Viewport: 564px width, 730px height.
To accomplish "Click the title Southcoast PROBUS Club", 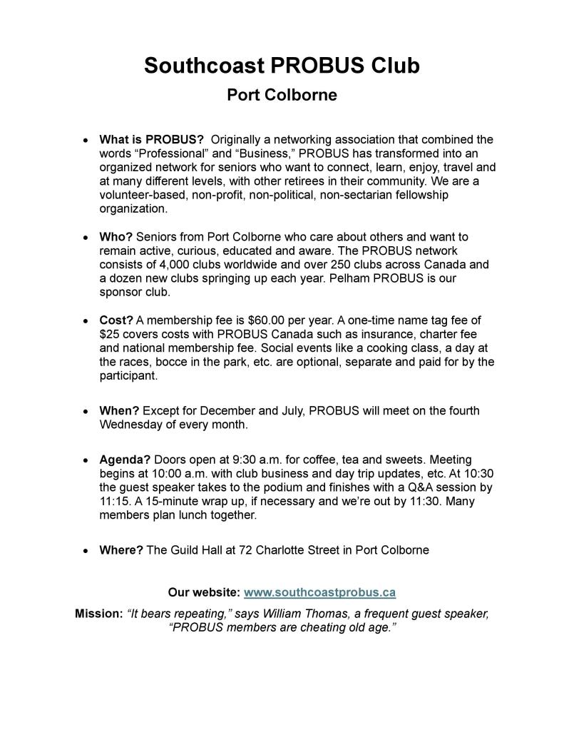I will [282, 66].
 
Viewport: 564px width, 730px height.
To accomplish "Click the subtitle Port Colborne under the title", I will [282, 95].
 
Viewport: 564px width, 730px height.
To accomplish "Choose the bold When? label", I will [119, 411].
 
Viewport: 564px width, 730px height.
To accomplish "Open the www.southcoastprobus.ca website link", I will [319, 592].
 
